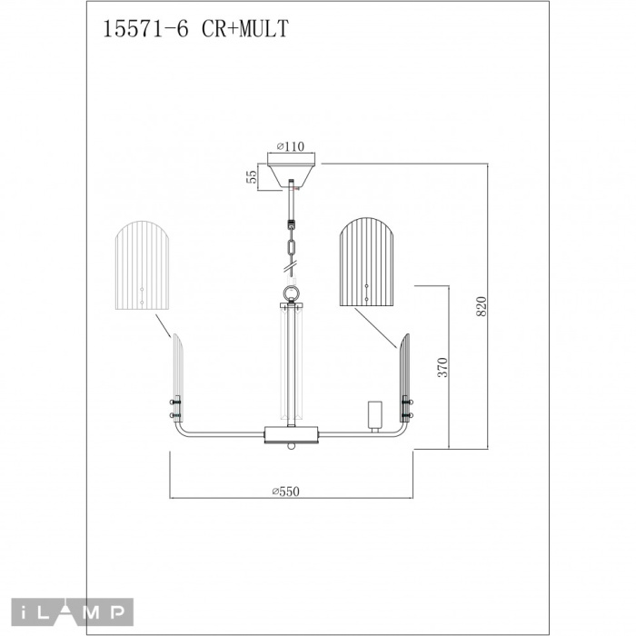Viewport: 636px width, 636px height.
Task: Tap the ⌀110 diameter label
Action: pyautogui.click(x=289, y=145)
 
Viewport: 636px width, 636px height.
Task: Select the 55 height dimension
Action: pyautogui.click(x=253, y=176)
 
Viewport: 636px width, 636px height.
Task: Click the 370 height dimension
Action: pyautogui.click(x=443, y=367)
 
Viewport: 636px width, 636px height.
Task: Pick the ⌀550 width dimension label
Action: pyautogui.click(x=284, y=492)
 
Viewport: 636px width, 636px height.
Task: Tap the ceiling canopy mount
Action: pyautogui.click(x=291, y=172)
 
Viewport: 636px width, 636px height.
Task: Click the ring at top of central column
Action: pyautogui.click(x=291, y=293)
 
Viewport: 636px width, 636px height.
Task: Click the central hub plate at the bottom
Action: pyautogui.click(x=291, y=432)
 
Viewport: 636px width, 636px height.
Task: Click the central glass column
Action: pyautogui.click(x=291, y=363)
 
